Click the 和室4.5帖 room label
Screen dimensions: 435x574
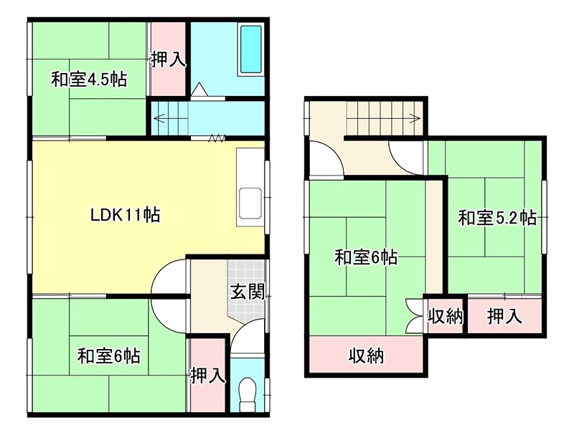[x=88, y=79]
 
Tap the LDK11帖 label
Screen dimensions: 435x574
[x=125, y=214]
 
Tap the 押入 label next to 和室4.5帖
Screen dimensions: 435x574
[x=169, y=59]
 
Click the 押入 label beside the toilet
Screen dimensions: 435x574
[x=208, y=375]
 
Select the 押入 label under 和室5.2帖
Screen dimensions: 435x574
[x=504, y=315]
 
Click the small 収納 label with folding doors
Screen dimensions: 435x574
[x=445, y=316]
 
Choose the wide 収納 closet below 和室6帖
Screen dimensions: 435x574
[x=366, y=355]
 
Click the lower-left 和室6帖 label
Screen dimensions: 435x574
[x=109, y=355]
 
